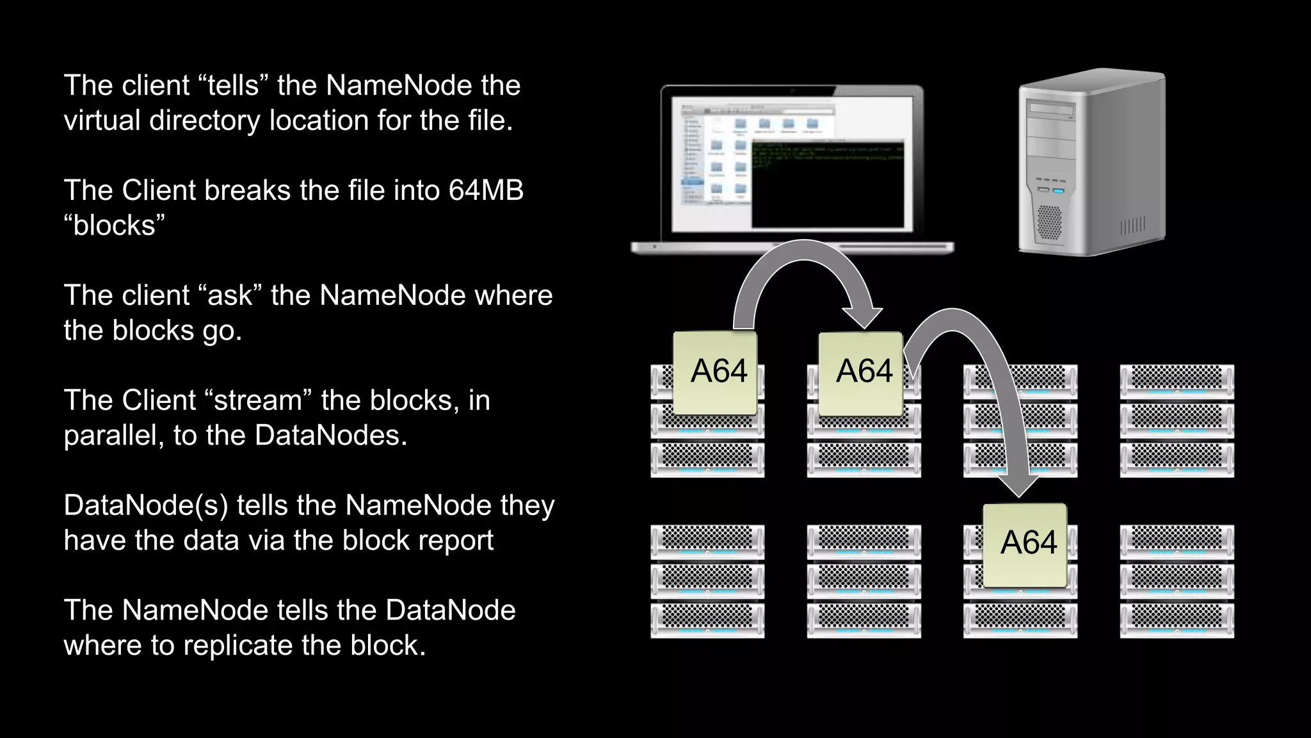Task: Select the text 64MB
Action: click(x=486, y=191)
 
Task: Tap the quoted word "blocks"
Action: click(x=115, y=226)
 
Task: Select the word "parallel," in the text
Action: click(x=113, y=436)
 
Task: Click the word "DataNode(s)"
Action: click(x=145, y=505)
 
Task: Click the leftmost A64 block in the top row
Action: click(x=716, y=372)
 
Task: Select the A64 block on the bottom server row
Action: click(x=1025, y=545)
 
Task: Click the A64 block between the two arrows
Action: click(x=861, y=372)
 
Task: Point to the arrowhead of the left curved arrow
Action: click(x=863, y=317)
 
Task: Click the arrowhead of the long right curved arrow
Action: click(x=1018, y=486)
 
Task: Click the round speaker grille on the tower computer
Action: click(x=1049, y=222)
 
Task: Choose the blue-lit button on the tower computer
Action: click(x=1058, y=191)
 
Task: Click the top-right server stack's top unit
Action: click(x=1177, y=381)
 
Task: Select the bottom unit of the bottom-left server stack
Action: click(x=707, y=620)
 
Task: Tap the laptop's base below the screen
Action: click(x=792, y=247)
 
